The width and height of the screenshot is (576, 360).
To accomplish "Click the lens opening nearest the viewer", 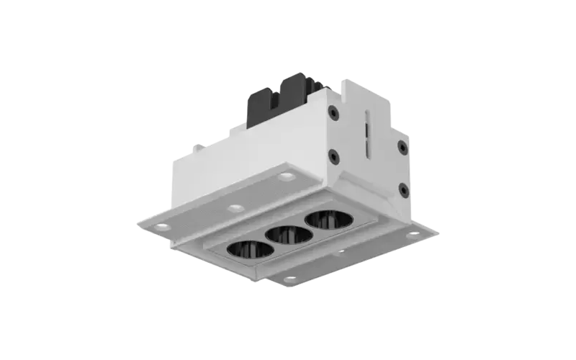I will click(250, 249).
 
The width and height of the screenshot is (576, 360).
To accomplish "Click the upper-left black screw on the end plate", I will click(332, 112).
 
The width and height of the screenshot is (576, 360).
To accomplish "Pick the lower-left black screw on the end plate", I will click(333, 156).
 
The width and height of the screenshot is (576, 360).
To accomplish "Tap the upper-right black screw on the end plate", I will click(402, 147).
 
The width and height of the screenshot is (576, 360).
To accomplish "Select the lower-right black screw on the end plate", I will click(403, 189).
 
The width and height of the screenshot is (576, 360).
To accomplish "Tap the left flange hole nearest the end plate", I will click(287, 176).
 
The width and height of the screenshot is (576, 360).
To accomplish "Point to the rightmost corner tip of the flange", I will click(440, 232).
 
